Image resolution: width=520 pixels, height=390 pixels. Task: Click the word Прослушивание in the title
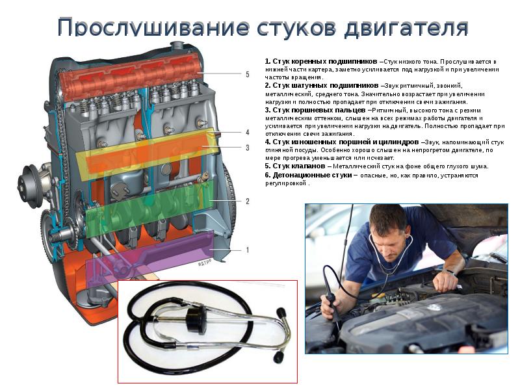pos(153,27)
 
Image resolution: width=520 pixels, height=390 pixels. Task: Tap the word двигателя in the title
pos(406,27)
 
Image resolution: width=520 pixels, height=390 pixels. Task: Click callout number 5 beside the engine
pos(248,74)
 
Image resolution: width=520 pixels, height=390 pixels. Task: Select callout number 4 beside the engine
pos(248,133)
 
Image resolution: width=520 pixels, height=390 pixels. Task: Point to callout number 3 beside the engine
pos(248,148)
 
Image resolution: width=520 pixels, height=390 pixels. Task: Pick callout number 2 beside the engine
pos(248,201)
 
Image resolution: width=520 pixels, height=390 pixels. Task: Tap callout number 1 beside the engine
pos(248,250)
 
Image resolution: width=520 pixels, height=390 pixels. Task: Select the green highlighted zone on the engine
pos(149,208)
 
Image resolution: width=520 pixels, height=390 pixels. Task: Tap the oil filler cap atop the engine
pos(176,45)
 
